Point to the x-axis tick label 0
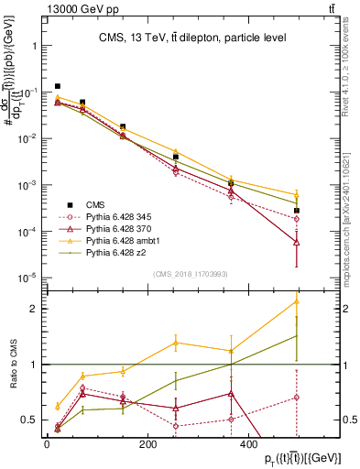click(x=48, y=444)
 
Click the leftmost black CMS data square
click(x=58, y=86)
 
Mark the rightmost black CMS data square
click(x=297, y=211)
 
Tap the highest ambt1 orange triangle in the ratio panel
click(x=297, y=300)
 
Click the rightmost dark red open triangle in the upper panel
click(x=297, y=242)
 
